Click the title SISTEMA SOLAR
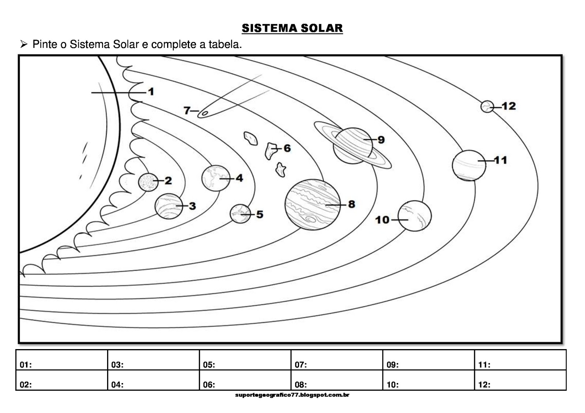point(292,28)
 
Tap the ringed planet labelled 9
point(352,145)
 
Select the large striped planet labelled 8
point(312,204)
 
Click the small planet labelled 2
point(148,182)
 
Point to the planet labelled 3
point(169,206)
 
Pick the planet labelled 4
point(215,178)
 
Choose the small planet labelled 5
point(240,214)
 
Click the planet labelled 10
point(414,216)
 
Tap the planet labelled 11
point(469,165)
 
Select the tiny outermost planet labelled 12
point(487,107)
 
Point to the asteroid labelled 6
point(271,150)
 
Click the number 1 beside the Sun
point(151,92)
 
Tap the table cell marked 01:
point(61,360)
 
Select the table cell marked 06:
point(245,380)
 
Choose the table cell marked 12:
point(520,380)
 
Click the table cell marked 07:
point(336,360)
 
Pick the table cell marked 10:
point(428,380)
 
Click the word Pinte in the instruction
point(45,45)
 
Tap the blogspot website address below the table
point(292,395)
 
